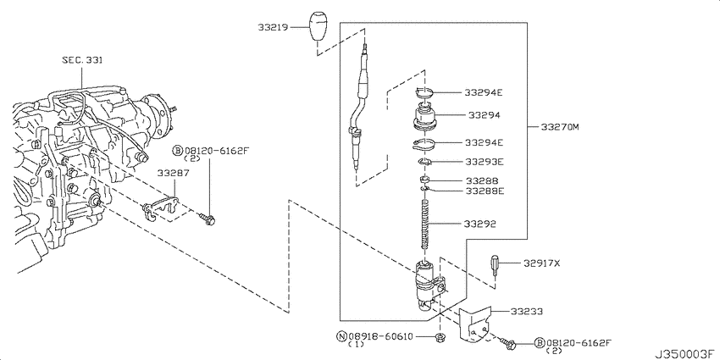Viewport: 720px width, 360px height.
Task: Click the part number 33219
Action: pyautogui.click(x=274, y=27)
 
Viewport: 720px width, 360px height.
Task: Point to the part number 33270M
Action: pyautogui.click(x=559, y=128)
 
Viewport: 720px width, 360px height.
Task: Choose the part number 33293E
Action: pyautogui.click(x=484, y=161)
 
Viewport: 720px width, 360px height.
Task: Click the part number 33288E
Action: pyautogui.click(x=484, y=191)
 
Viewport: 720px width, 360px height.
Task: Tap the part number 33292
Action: pyautogui.click(x=479, y=224)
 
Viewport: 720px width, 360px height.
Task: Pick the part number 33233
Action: pyautogui.click(x=528, y=312)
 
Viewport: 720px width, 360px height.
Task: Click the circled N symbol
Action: pyautogui.click(x=342, y=336)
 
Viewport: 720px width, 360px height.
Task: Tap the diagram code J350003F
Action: pyautogui.click(x=683, y=350)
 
